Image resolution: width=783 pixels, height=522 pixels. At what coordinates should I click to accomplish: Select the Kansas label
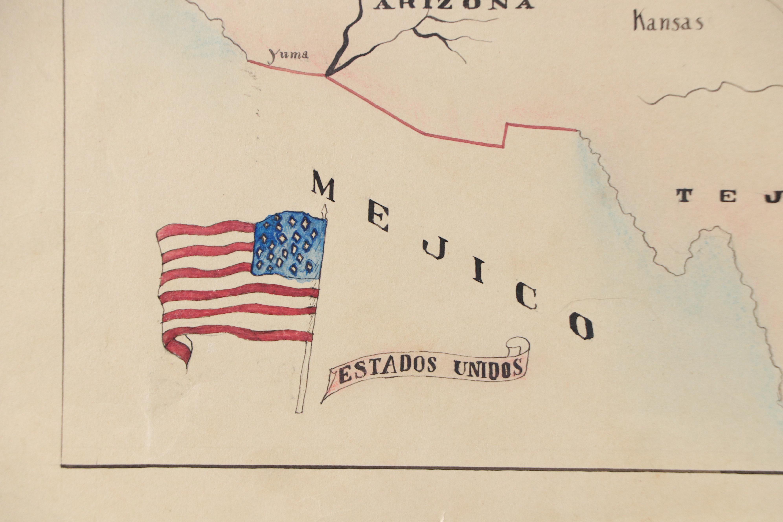(x=668, y=23)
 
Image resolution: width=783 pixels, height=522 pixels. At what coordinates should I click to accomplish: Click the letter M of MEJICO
(x=323, y=189)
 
